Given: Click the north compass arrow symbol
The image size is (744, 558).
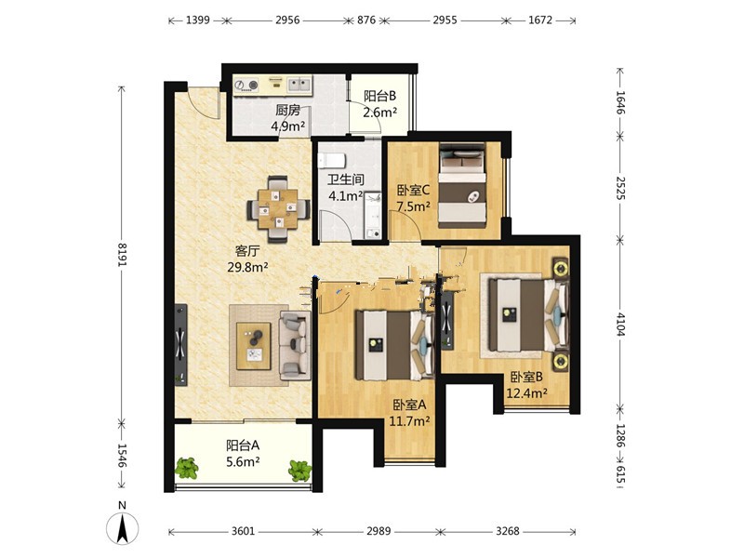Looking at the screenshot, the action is pyautogui.click(x=123, y=527).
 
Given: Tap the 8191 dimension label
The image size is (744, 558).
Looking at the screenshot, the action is pyautogui.click(x=123, y=254).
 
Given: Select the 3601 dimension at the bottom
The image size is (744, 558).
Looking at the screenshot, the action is pyautogui.click(x=243, y=531).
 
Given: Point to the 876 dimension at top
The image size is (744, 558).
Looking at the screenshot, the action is pyautogui.click(x=366, y=20).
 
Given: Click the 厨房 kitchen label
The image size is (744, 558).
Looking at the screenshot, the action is pyautogui.click(x=288, y=111).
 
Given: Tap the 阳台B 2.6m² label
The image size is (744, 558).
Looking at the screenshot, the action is pyautogui.click(x=380, y=104).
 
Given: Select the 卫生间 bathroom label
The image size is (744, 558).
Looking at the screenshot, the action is pyautogui.click(x=346, y=179).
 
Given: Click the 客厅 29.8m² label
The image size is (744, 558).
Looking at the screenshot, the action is pyautogui.click(x=247, y=259).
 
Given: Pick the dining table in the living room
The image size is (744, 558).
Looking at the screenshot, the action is pyautogui.click(x=278, y=209).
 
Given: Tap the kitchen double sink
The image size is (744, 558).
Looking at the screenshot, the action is pyautogui.click(x=299, y=85).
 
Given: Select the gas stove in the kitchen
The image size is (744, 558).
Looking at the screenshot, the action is pyautogui.click(x=246, y=85).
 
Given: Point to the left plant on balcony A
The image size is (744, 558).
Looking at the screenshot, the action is pyautogui.click(x=187, y=468).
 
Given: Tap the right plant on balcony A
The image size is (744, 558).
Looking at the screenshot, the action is pyautogui.click(x=299, y=471).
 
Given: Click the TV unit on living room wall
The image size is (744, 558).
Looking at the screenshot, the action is pyautogui.click(x=180, y=344).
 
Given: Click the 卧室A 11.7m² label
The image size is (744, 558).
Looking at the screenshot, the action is pyautogui.click(x=409, y=412).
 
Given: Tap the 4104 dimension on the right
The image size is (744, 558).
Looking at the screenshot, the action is pyautogui.click(x=621, y=324).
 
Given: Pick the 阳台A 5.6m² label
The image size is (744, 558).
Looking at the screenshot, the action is pyautogui.click(x=243, y=453).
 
